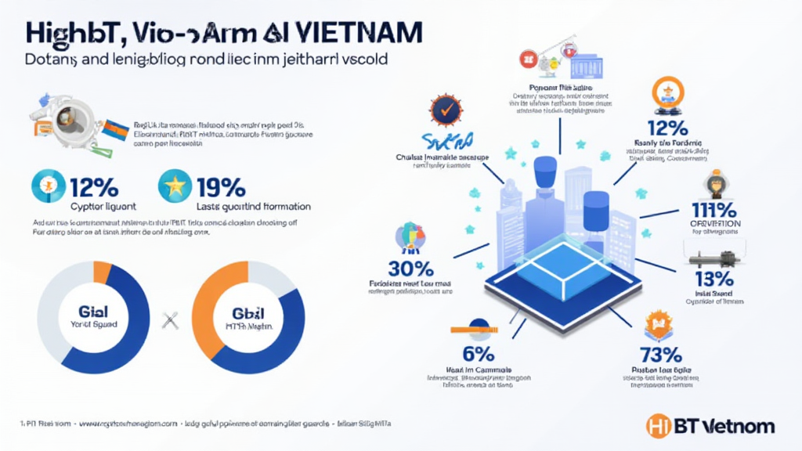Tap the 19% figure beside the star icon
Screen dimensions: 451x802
[x=222, y=187]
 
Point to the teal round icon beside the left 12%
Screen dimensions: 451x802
[x=45, y=186]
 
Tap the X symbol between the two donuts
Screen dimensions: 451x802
[x=166, y=319]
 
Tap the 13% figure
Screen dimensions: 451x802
[x=713, y=280]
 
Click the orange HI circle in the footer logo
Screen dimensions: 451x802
[x=659, y=427]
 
